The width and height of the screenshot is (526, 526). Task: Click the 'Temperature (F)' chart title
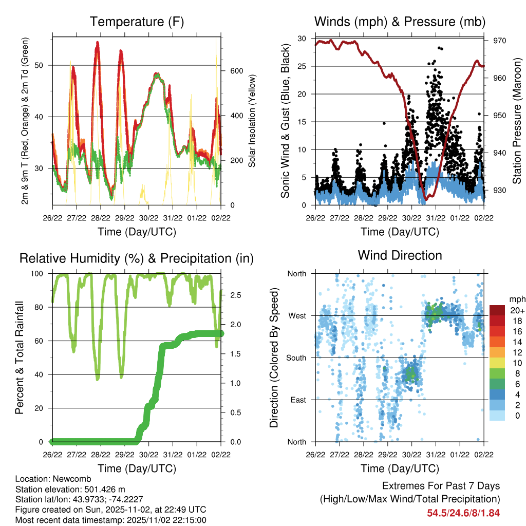tap(137, 22)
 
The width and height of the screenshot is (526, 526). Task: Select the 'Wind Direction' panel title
tap(400, 255)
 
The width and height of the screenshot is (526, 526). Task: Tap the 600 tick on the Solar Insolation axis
tap(236, 71)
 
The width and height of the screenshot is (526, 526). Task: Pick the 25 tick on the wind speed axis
tap(302, 66)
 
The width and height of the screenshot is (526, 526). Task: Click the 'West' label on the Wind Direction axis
tap(297, 315)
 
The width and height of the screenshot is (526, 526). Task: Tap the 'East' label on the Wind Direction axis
tap(297, 400)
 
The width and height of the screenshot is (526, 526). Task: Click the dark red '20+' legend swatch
tap(497, 310)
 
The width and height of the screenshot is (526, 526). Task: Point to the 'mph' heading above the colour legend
tap(516, 299)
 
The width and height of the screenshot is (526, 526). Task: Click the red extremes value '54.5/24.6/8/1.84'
tap(463, 513)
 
